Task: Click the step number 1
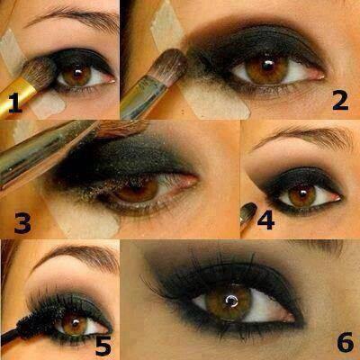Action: [x=15, y=103]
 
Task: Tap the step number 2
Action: [x=340, y=100]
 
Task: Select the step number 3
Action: [x=22, y=222]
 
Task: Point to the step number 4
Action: [x=265, y=220]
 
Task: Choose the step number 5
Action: [x=103, y=346]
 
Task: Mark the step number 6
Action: [x=345, y=342]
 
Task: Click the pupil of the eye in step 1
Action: [x=77, y=72]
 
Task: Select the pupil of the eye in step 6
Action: [x=231, y=300]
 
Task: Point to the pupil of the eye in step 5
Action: [x=75, y=323]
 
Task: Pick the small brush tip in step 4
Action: [x=248, y=211]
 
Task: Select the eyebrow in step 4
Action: [x=303, y=137]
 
